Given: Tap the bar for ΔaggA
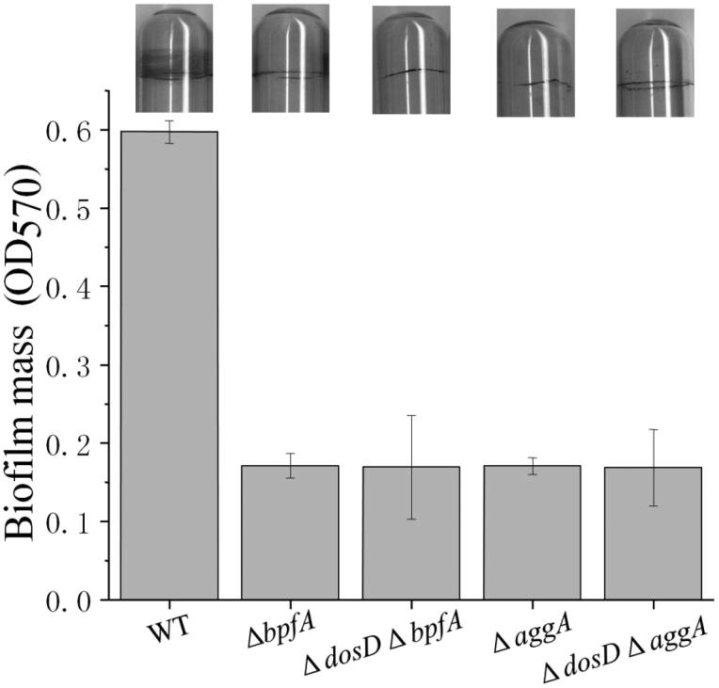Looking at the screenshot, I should (x=532, y=533).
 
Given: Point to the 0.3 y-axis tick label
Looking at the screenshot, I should (x=72, y=364).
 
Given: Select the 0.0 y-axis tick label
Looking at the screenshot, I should (x=72, y=600).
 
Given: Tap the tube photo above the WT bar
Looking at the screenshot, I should (x=173, y=58).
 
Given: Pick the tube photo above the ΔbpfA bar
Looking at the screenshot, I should (x=291, y=58).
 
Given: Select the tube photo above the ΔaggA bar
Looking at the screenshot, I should (x=535, y=62).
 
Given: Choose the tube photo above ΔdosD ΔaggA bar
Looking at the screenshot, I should (x=654, y=62).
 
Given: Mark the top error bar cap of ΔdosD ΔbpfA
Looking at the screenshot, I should (x=410, y=415).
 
